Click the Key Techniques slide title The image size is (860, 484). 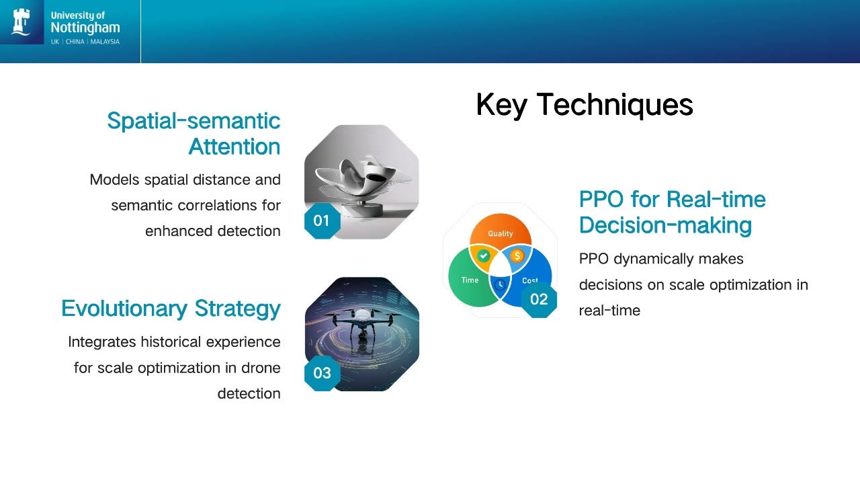585,104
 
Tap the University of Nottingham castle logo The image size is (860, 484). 21,22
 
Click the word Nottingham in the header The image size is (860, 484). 85,28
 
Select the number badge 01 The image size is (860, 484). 322,221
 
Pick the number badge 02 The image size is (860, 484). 539,299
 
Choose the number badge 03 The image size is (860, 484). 322,373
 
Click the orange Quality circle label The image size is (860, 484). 501,233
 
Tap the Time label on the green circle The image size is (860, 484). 470,280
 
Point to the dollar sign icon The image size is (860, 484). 517,255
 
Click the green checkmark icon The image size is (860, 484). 483,255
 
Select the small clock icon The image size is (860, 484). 500,284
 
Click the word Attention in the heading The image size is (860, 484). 234,147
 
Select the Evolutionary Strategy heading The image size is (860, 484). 171,309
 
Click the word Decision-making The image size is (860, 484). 665,225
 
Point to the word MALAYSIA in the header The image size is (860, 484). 105,42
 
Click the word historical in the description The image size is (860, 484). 171,342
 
